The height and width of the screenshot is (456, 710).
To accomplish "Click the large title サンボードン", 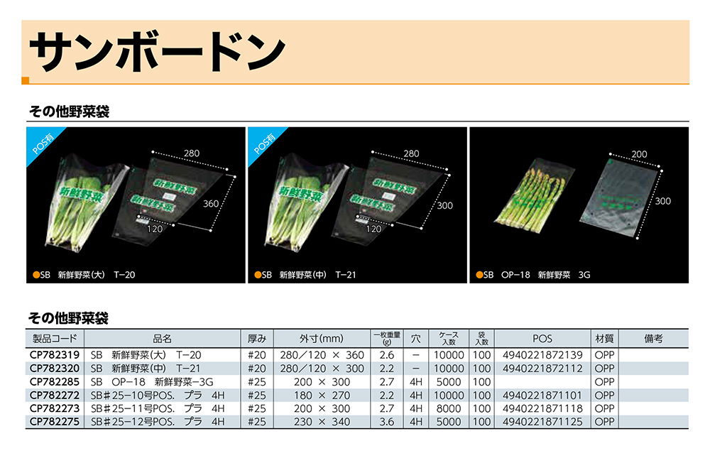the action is [x=156, y=52].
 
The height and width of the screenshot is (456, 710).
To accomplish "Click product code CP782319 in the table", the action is [x=54, y=355].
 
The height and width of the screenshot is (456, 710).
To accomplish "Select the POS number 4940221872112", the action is [x=542, y=369].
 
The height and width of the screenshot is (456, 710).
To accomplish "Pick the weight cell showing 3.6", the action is [x=387, y=422].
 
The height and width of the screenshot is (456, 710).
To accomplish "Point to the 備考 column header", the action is [x=653, y=339].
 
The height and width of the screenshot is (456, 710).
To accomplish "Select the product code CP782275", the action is [x=54, y=422].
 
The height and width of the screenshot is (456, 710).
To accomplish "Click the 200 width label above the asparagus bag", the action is [x=639, y=154].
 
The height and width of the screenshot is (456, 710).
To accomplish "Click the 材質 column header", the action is [x=604, y=339].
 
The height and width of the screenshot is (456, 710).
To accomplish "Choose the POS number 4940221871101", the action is [x=542, y=395].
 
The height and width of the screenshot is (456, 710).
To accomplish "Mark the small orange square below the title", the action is [x=26, y=81].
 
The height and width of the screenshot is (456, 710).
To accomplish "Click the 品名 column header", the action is [x=163, y=339].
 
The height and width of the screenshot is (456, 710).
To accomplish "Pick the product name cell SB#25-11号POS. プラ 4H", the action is [x=158, y=408].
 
